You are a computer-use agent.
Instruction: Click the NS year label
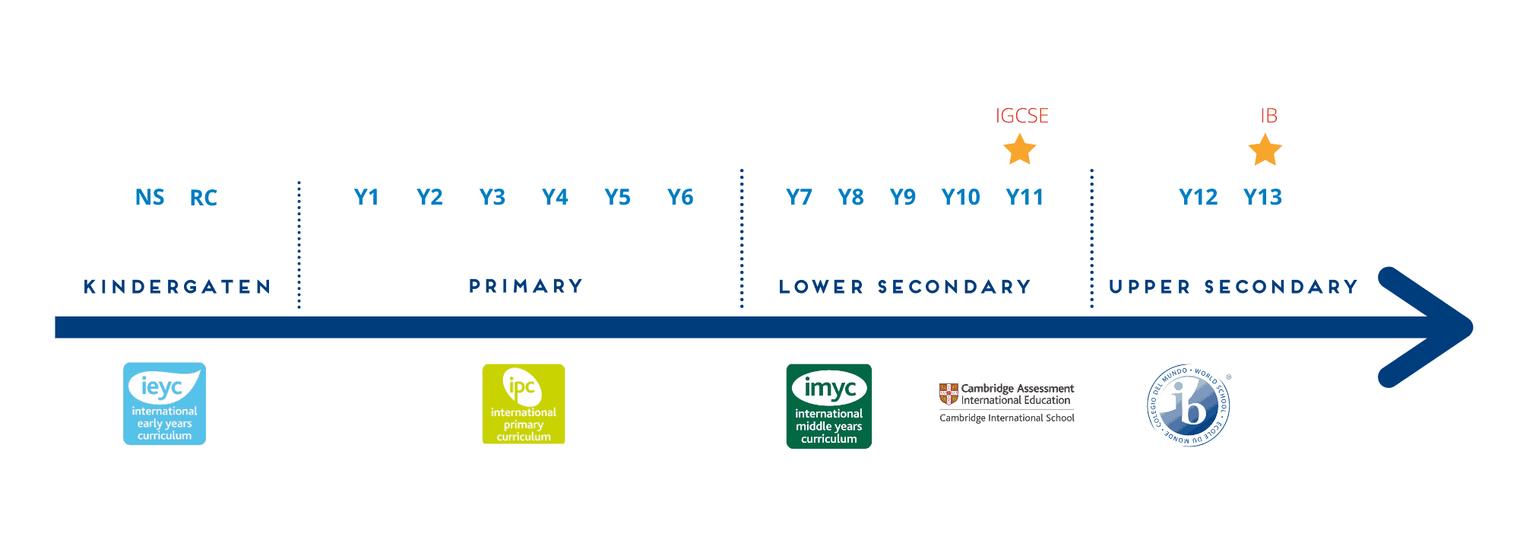[x=150, y=198]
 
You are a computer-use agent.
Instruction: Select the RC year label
[x=204, y=198]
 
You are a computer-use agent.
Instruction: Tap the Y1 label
[x=366, y=198]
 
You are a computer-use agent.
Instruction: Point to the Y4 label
[x=555, y=198]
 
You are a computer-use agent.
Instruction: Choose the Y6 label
[x=680, y=198]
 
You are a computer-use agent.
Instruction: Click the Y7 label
[x=799, y=198]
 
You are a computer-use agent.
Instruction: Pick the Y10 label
[x=961, y=198]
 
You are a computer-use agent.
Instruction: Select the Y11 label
[x=1024, y=198]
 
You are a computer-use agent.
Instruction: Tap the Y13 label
[x=1262, y=198]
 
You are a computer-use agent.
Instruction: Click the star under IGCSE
[x=1020, y=150]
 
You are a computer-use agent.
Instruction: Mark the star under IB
[x=1265, y=150]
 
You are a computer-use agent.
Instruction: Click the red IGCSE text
[x=1022, y=116]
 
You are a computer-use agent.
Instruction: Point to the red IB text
[x=1269, y=116]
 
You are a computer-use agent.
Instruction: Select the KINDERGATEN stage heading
[x=177, y=287]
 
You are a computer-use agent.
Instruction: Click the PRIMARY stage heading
[x=526, y=286]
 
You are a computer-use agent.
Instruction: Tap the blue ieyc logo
[x=165, y=404]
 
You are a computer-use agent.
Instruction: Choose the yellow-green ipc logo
[x=524, y=404]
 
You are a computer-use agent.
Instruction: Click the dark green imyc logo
[x=829, y=406]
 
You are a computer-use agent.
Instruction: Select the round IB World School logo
[x=1188, y=405]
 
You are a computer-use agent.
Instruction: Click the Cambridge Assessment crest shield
[x=948, y=394]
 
